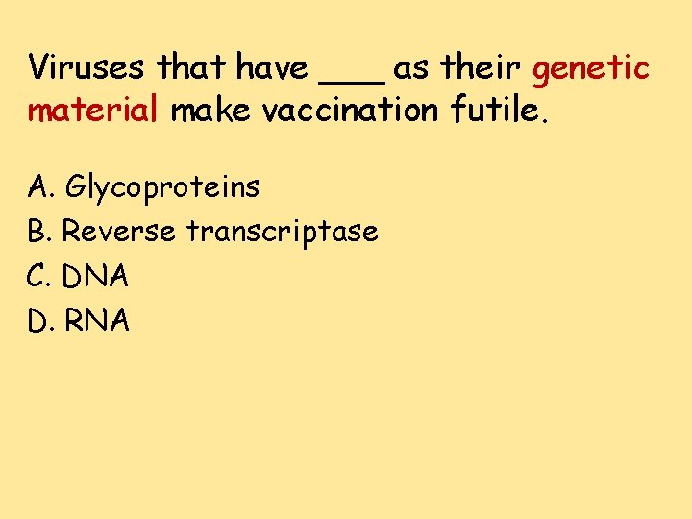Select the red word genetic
(591, 69)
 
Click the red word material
(91, 111)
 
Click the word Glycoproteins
(161, 186)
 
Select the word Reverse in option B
(119, 231)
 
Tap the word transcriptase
(282, 232)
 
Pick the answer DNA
(95, 276)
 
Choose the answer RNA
(96, 320)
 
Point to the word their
(481, 68)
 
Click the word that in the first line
(193, 68)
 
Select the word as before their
(411, 70)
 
